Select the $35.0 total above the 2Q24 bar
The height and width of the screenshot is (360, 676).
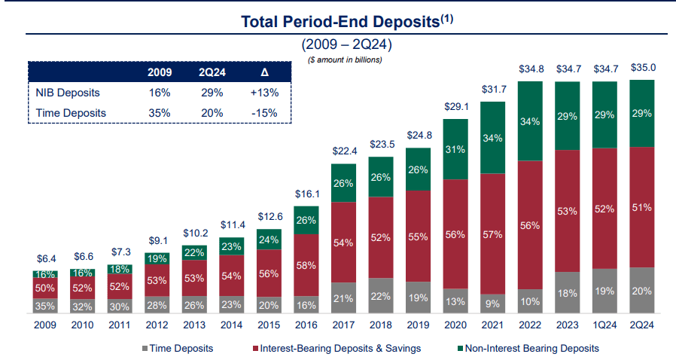pyautogui.click(x=643, y=67)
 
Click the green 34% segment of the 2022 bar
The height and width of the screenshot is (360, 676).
pyautogui.click(x=531, y=121)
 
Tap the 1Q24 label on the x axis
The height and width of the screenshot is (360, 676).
pyautogui.click(x=606, y=325)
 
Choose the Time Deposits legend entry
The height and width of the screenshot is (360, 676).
pyautogui.click(x=177, y=348)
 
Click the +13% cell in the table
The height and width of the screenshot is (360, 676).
pyautogui.click(x=264, y=93)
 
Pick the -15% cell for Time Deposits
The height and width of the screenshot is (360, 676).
pyautogui.click(x=264, y=113)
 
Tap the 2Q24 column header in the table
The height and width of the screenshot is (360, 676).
pyautogui.click(x=212, y=73)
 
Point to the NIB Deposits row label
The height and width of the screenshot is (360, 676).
pyautogui.click(x=69, y=93)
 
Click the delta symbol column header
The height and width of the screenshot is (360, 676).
pyautogui.click(x=264, y=73)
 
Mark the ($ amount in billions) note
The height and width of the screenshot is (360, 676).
pyautogui.click(x=346, y=59)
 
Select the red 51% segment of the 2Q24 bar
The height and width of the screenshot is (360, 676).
pyautogui.click(x=643, y=209)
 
